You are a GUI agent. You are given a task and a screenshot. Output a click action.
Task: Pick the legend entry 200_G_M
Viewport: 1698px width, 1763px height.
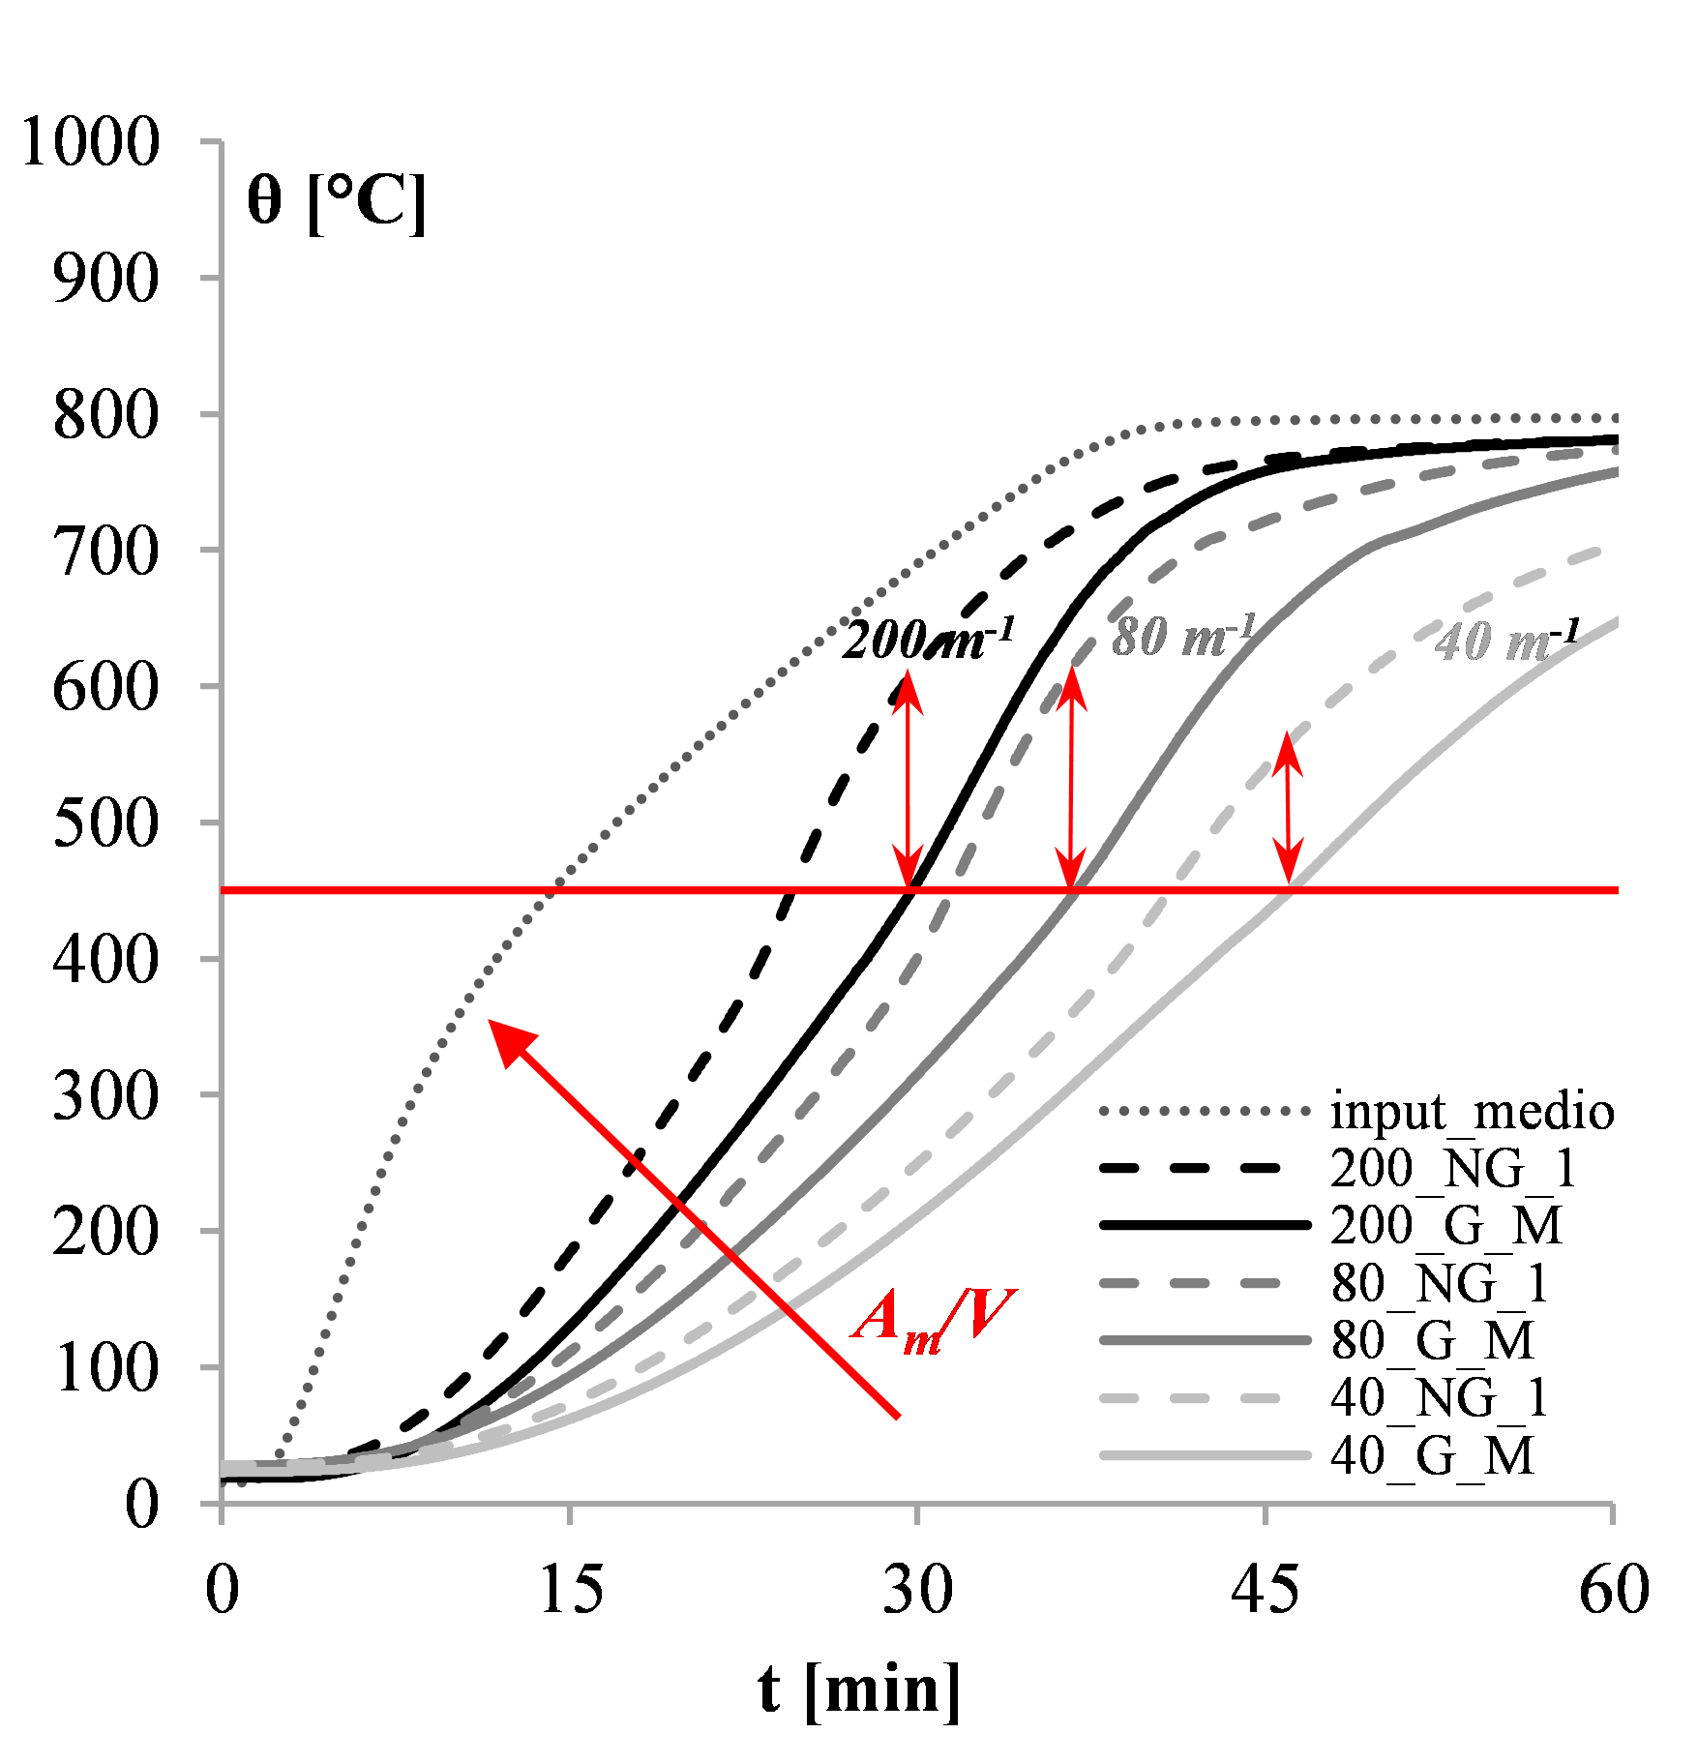(x=1445, y=1226)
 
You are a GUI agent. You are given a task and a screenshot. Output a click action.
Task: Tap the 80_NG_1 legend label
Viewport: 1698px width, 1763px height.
(x=1440, y=1284)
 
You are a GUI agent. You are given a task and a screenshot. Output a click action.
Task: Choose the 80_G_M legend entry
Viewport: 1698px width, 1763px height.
(x=1432, y=1341)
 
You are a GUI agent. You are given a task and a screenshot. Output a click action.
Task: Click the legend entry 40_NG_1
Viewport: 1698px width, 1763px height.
(x=1440, y=1398)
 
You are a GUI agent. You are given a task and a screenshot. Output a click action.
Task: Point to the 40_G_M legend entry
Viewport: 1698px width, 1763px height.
(x=1432, y=1455)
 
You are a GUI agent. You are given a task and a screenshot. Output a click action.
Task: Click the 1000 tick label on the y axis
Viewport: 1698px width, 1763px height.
(x=90, y=142)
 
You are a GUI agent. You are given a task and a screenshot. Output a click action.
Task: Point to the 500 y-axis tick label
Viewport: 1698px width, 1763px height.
(x=105, y=823)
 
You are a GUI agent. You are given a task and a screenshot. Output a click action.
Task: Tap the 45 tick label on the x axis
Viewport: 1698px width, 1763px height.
(x=1265, y=1589)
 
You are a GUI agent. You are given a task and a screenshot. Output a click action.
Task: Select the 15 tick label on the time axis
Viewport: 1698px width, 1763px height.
(x=570, y=1589)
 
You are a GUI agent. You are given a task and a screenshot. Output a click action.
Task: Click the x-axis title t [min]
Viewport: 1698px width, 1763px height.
(x=859, y=1688)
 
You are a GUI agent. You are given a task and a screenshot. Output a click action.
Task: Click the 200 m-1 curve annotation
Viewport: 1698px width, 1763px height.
(x=927, y=640)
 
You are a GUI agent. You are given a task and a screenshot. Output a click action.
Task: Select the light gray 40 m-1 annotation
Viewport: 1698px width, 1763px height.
(x=1505, y=640)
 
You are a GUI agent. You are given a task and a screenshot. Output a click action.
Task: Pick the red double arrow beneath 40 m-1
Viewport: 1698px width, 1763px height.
(x=1287, y=808)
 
